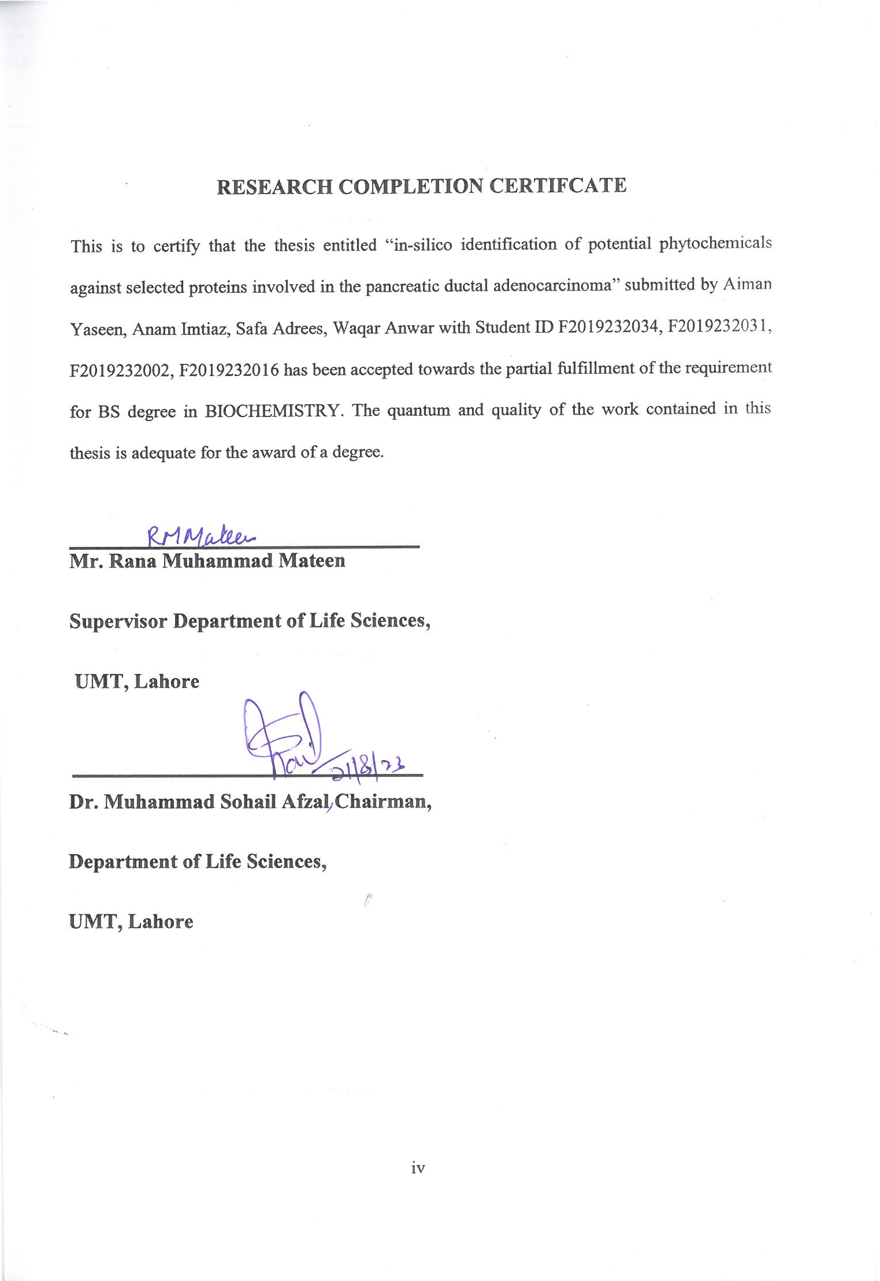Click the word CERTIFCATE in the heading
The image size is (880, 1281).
click(558, 185)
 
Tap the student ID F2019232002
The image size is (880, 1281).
click(120, 370)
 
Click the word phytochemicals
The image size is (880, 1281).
click(715, 243)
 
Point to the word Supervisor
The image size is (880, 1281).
click(118, 621)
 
